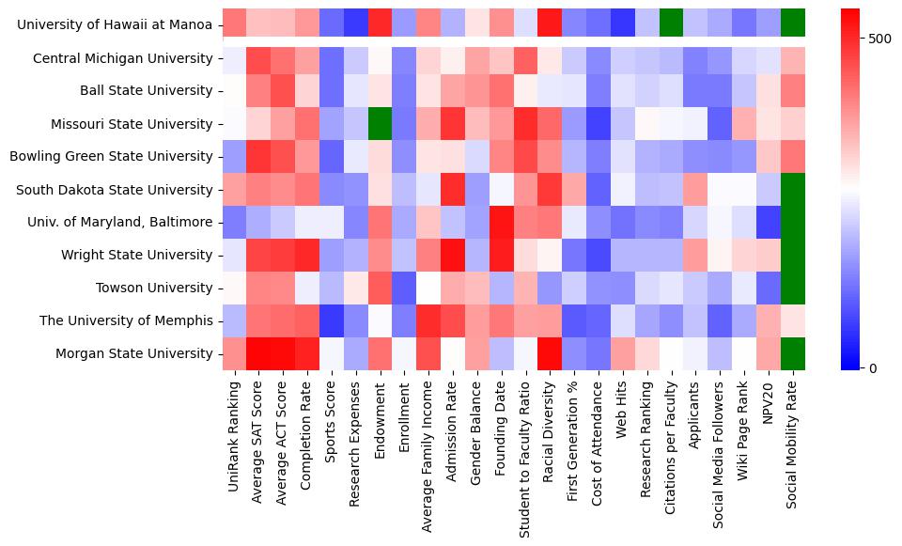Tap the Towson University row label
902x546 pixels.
[154, 288]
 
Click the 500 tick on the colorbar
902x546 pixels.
[880, 39]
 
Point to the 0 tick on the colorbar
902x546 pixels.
[874, 367]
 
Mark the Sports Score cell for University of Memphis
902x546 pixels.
[331, 320]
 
